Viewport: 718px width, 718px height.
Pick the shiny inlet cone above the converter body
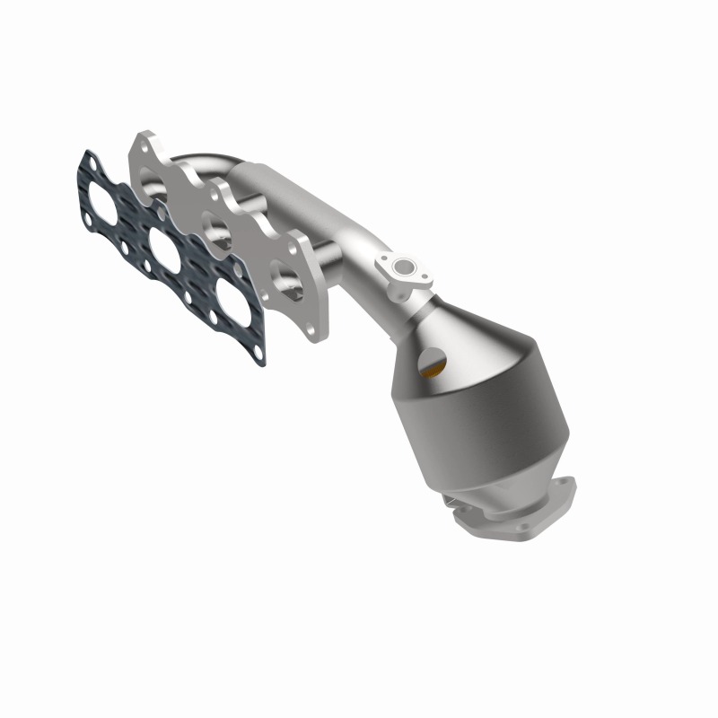(467, 332)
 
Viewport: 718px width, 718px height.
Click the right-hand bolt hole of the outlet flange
(565, 484)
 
